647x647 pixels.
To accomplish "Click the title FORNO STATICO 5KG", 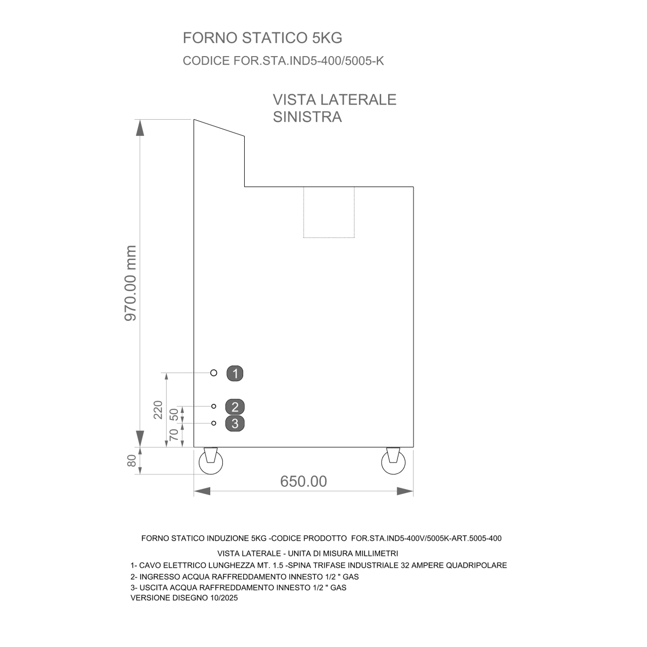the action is click(262, 38).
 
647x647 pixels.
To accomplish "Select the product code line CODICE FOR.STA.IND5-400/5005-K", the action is click(283, 61).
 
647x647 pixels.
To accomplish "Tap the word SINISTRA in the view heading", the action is click(307, 117).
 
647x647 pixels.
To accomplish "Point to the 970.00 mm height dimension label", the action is click(130, 283).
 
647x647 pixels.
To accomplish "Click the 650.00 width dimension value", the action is click(304, 481).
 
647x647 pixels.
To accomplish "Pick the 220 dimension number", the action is click(158, 410).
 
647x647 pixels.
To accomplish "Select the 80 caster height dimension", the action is click(132, 460).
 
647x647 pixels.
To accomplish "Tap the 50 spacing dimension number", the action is click(174, 415).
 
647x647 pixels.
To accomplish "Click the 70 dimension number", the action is click(174, 435).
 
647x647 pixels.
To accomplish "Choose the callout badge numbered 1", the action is click(235, 373).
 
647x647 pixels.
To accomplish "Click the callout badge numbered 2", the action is click(235, 407).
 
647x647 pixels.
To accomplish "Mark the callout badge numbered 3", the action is click(235, 423).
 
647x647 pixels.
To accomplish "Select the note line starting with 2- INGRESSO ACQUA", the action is click(244, 577).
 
